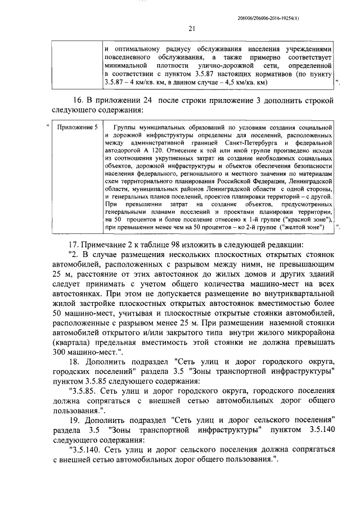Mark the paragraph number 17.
point(73,245)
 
